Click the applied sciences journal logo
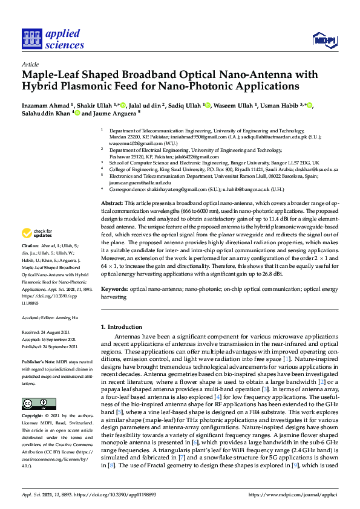tap(53, 38)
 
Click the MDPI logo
tap(326, 40)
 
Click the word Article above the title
tap(30, 63)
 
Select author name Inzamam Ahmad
tap(45, 106)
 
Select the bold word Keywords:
tap(114, 290)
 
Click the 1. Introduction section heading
tap(122, 327)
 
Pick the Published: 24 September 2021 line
tap(50, 347)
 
